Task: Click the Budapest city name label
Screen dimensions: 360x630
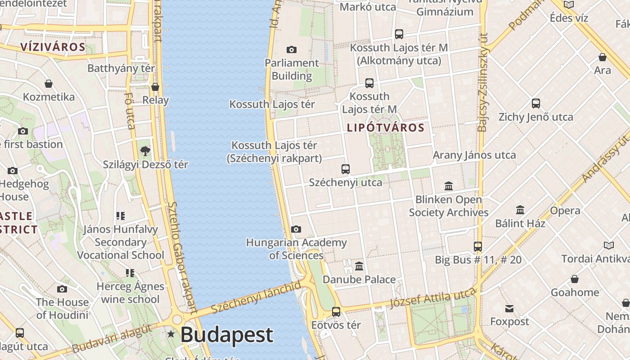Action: (227, 335)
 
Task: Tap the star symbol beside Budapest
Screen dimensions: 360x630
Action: (171, 334)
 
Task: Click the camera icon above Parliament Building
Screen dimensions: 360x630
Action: (292, 49)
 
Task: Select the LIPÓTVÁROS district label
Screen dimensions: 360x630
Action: (386, 128)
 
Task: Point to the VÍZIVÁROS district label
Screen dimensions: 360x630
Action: (53, 47)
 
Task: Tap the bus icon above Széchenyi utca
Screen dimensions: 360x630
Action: (346, 169)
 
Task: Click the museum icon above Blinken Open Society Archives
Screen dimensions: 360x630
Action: (449, 186)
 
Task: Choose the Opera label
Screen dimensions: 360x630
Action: (565, 211)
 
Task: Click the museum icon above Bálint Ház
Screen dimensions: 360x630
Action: (520, 210)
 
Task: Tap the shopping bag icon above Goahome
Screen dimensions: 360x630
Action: (575, 279)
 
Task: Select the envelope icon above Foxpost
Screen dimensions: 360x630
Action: (509, 308)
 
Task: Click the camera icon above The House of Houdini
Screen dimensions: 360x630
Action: (62, 289)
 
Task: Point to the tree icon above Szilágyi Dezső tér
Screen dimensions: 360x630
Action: (145, 151)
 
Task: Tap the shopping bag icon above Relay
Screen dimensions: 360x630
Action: (155, 86)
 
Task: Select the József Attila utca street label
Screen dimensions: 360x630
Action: (433, 297)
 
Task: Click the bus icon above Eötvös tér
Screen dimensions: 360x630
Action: (336, 311)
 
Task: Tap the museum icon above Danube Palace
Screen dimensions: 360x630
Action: (359, 266)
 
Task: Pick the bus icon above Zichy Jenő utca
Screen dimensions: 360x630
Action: (536, 103)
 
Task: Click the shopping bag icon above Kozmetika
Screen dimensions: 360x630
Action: (49, 84)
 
